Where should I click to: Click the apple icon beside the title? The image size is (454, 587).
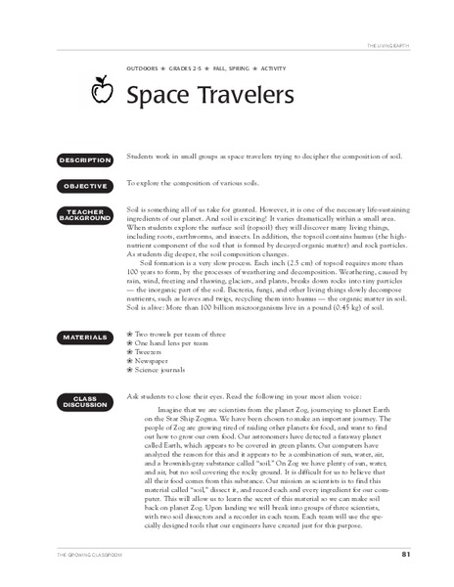point(98,92)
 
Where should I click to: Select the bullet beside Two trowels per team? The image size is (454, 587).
point(130,336)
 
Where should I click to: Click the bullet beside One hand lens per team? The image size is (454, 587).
point(130,344)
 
